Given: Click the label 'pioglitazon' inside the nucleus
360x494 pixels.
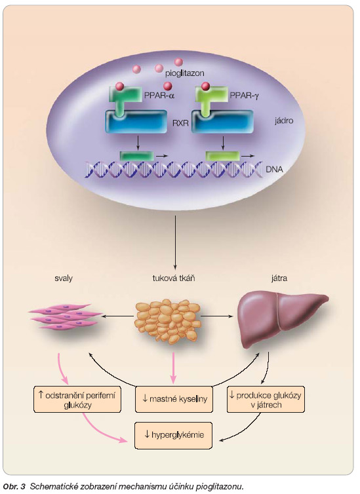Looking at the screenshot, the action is click(x=185, y=73).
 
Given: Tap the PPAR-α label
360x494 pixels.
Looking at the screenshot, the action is click(x=159, y=95).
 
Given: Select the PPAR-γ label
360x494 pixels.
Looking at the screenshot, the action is click(x=245, y=96).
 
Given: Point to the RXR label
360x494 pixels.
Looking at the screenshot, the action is click(x=180, y=123).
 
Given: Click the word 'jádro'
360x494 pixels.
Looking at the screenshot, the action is click(x=284, y=121).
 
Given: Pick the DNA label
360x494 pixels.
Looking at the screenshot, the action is click(x=274, y=169).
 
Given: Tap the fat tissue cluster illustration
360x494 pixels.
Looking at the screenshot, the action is click(x=168, y=321).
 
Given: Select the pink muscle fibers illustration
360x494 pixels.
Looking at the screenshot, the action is click(x=65, y=316).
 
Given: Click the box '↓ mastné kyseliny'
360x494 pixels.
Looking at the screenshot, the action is click(x=174, y=399).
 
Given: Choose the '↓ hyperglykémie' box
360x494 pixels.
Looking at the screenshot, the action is click(x=173, y=436).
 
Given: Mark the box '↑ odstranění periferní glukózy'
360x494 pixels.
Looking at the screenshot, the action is click(x=77, y=399).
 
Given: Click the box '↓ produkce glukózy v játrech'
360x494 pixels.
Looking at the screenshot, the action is click(x=266, y=399).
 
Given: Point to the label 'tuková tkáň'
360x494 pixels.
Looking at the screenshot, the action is click(x=174, y=278).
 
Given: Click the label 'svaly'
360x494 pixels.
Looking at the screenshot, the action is click(x=64, y=278).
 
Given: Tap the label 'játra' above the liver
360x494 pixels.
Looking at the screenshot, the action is click(x=279, y=278).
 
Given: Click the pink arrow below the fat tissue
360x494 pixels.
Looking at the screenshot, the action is click(x=173, y=368).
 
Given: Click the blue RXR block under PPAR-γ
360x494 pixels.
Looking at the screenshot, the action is click(x=222, y=122).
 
